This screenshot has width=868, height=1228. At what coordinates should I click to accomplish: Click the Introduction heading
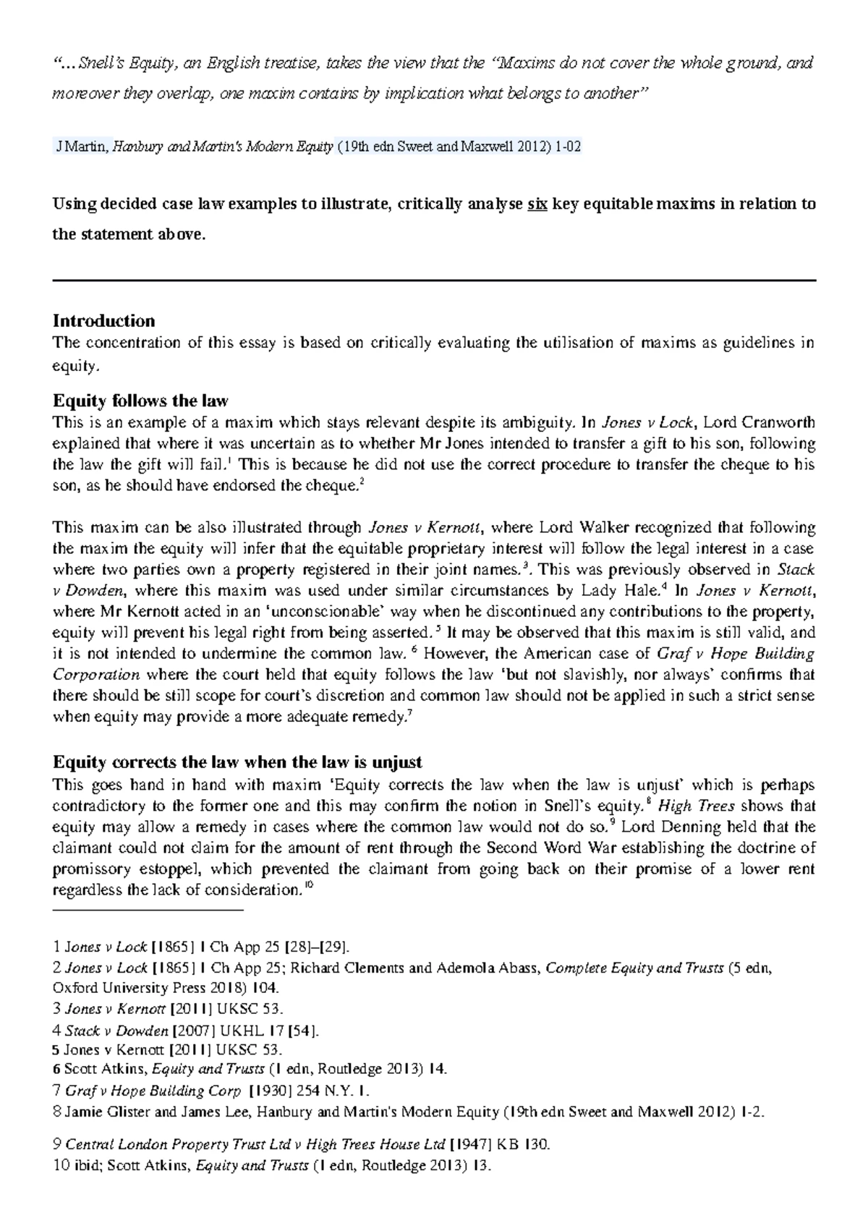tap(104, 320)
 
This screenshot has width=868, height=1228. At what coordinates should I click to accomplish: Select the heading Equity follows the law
tap(141, 401)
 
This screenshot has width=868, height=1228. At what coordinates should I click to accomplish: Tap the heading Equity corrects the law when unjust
tap(238, 762)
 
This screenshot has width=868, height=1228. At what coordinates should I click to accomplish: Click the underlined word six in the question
tap(537, 204)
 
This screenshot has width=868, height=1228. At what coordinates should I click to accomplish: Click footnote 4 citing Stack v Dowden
tap(190, 1031)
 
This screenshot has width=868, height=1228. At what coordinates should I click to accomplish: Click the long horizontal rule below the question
tap(434, 281)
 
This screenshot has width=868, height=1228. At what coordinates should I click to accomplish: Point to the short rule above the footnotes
tap(148, 911)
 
